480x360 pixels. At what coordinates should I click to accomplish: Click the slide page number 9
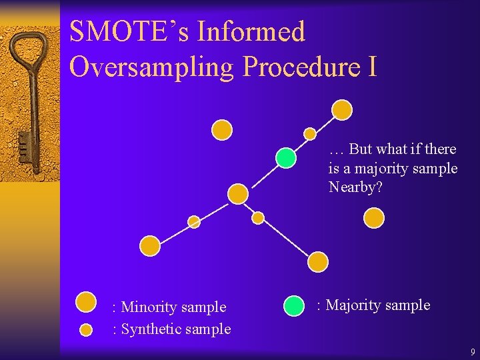(473, 352)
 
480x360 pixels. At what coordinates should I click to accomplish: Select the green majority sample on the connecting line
(286, 158)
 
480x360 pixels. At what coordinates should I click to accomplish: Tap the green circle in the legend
(293, 305)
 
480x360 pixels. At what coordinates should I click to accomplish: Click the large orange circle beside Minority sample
(86, 302)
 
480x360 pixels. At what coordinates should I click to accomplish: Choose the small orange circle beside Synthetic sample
(86, 329)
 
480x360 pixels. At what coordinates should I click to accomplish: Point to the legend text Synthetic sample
(175, 329)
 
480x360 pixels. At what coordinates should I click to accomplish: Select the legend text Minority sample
(173, 307)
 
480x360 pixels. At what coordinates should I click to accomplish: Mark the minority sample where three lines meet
(238, 194)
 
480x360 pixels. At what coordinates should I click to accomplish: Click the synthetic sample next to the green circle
(310, 134)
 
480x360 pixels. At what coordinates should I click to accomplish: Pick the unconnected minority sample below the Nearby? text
(375, 217)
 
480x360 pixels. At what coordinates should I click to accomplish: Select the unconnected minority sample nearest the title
(222, 129)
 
